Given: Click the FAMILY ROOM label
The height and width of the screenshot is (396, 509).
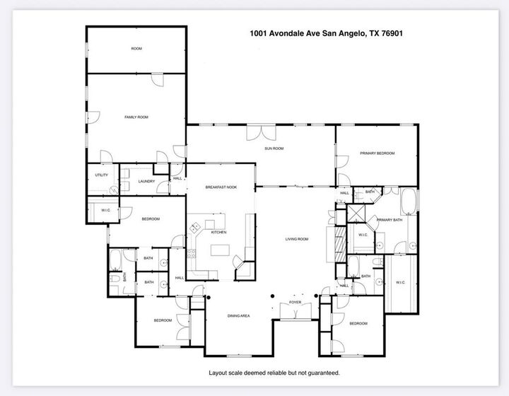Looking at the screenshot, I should click(136, 117).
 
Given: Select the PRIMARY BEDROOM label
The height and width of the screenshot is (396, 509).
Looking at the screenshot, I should click(377, 153).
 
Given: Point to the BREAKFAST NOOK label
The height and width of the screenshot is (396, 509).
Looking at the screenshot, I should click(221, 187).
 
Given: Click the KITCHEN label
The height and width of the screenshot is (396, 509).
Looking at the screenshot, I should click(218, 232).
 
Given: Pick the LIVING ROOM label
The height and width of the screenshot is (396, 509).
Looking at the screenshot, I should click(297, 239).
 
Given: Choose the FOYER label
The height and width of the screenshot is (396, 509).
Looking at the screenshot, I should click(295, 302).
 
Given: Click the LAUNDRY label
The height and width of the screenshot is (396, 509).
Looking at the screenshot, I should click(146, 181).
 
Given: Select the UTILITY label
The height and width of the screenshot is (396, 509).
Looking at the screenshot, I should click(101, 175).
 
